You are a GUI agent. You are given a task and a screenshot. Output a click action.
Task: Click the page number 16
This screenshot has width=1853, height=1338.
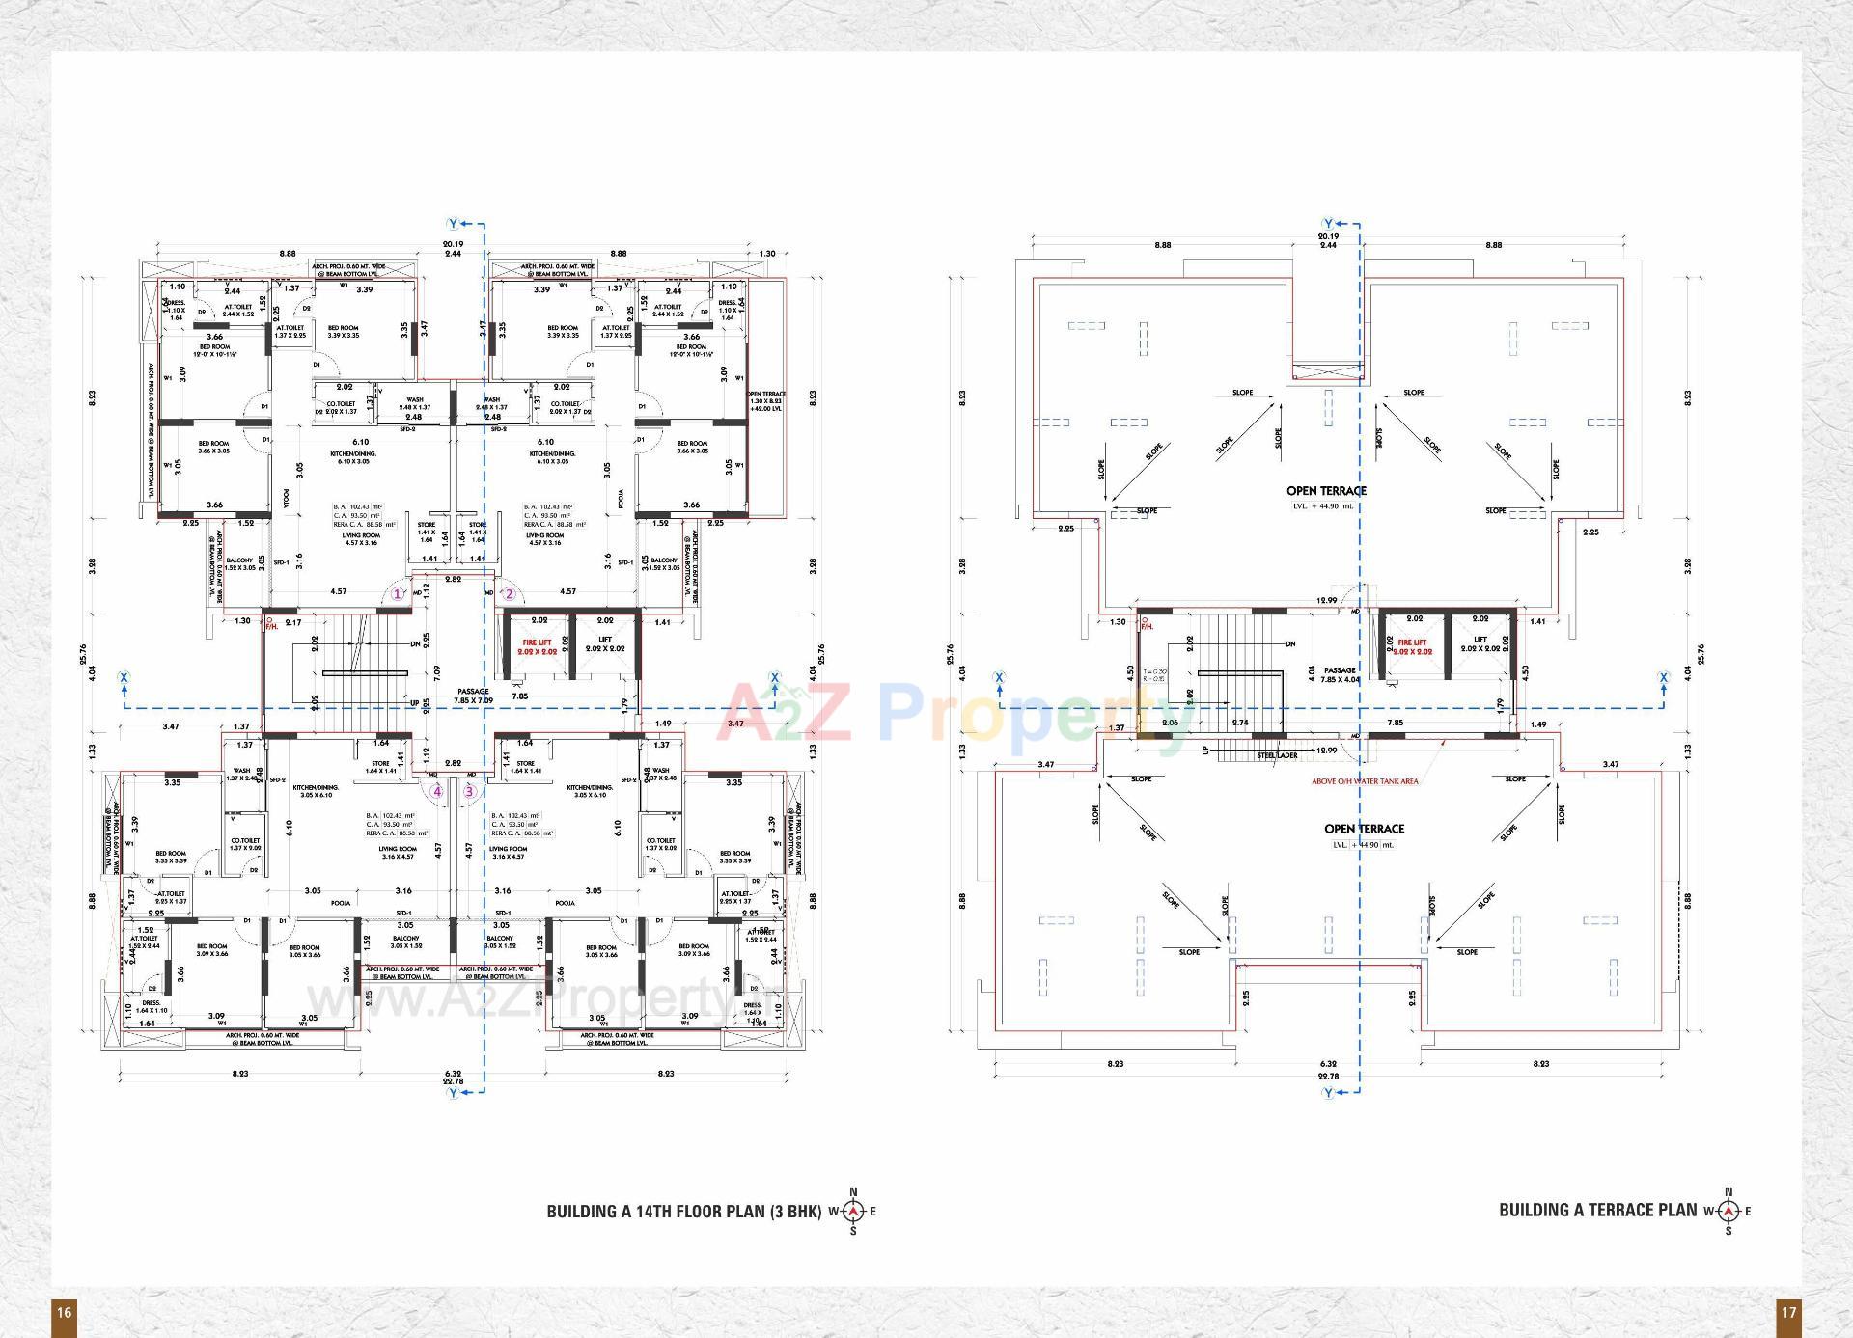point(64,1312)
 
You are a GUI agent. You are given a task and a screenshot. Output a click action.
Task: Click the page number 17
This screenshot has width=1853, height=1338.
point(1788,1312)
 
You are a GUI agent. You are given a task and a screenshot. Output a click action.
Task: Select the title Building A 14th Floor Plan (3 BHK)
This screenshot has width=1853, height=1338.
point(683,1211)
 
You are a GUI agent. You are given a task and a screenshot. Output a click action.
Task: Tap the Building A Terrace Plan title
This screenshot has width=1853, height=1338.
point(1597,1210)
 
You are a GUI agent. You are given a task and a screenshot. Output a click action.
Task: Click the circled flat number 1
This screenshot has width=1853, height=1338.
point(397,594)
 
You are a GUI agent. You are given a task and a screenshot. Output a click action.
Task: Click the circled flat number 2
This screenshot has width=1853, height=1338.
point(511,594)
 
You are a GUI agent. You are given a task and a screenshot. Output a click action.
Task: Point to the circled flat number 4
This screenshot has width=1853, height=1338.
point(437,792)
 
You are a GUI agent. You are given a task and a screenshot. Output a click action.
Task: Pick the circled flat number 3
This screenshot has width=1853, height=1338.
point(470,792)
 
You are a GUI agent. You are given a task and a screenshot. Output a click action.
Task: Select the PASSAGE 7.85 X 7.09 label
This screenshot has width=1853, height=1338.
point(473,695)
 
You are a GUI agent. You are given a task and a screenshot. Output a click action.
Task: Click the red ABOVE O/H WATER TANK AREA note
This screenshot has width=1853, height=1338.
point(1364,781)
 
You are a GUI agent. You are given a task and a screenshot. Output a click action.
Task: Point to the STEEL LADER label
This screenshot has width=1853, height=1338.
point(1277,755)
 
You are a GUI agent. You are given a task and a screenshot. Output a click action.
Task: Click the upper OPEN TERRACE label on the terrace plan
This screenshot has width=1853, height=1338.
point(1326,490)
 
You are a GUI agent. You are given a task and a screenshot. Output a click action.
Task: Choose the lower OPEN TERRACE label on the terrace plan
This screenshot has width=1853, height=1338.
point(1364,829)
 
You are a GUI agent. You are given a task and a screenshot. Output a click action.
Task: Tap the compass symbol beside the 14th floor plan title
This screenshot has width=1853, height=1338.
point(853,1212)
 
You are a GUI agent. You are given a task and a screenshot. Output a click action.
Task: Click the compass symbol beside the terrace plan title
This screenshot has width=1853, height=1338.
point(1729,1211)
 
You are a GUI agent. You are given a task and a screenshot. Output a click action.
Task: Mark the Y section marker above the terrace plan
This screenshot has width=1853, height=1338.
point(1328,223)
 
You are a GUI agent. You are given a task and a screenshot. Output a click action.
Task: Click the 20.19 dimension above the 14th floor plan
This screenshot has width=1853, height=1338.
point(453,244)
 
